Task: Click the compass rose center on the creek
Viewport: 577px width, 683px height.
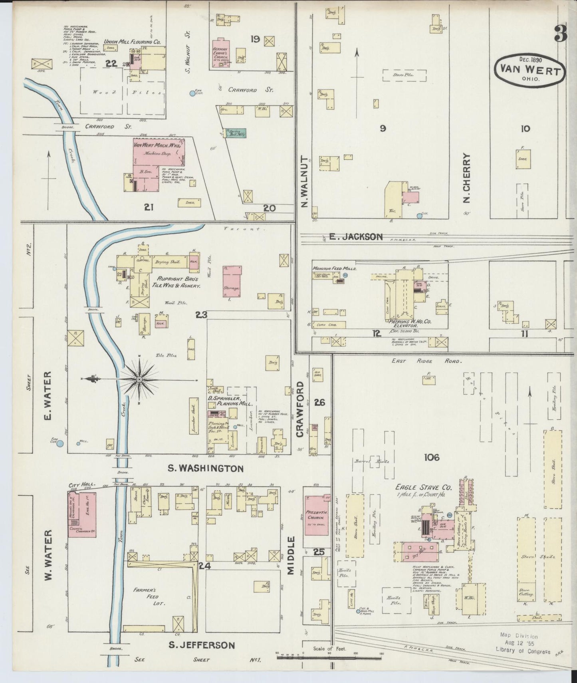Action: coord(139,379)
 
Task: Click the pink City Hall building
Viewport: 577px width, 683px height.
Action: coord(82,514)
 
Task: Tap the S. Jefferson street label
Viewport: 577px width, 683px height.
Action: coord(201,645)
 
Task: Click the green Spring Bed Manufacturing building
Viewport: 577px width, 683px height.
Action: coord(236,133)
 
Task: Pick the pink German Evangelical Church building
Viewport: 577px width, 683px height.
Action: coord(222,54)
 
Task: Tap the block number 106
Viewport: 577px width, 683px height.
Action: coord(432,457)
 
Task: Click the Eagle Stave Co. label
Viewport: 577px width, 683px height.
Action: coord(418,487)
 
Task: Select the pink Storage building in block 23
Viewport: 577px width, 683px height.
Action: coord(232,282)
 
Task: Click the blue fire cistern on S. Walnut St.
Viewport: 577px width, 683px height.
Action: coord(192,93)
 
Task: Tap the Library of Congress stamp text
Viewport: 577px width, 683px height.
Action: coord(522,652)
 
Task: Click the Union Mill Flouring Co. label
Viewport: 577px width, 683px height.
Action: coord(132,42)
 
